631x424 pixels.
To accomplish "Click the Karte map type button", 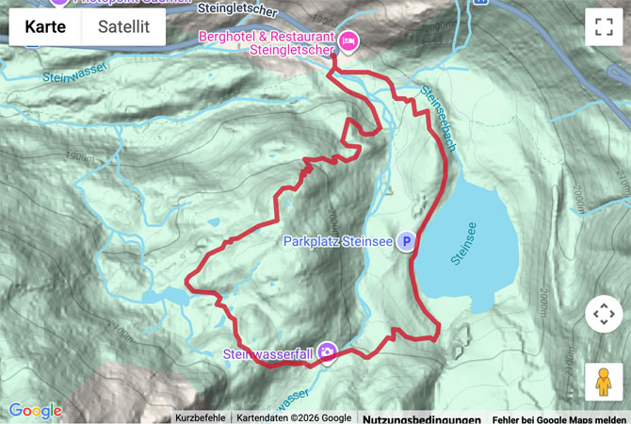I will point(45,27).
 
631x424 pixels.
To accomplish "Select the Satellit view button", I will point(123,27).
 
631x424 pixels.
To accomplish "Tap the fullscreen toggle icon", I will point(603,27).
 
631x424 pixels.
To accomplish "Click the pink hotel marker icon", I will point(348,40).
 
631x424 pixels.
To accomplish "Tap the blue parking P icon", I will point(406,241).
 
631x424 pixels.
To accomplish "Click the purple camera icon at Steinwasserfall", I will point(327,353).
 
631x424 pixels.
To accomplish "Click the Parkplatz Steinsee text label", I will point(337,242).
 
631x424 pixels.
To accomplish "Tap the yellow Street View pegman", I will point(603,382).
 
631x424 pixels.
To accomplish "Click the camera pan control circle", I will point(603,314).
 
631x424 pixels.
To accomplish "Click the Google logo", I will point(35,411).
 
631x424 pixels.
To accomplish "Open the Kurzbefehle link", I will point(200,418).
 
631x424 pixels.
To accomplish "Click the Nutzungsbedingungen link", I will point(421,418).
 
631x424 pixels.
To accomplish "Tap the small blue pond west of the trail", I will point(165,298).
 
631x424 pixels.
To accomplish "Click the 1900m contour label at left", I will point(81,157).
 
